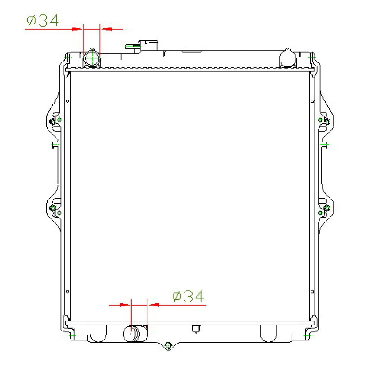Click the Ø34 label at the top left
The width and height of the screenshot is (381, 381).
click(x=43, y=20)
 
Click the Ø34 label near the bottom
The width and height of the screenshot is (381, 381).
click(x=188, y=296)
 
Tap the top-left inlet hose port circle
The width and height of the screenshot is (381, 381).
click(x=92, y=58)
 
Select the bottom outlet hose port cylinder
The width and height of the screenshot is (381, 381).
click(x=135, y=333)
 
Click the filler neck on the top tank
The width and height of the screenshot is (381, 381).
click(x=149, y=45)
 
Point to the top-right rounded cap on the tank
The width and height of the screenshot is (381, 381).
click(x=288, y=58)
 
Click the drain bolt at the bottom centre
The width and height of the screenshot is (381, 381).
click(x=168, y=345)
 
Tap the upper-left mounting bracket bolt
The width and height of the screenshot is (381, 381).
click(x=52, y=121)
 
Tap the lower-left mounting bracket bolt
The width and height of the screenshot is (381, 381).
click(x=52, y=208)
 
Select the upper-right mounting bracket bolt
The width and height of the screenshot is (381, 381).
click(x=327, y=121)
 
